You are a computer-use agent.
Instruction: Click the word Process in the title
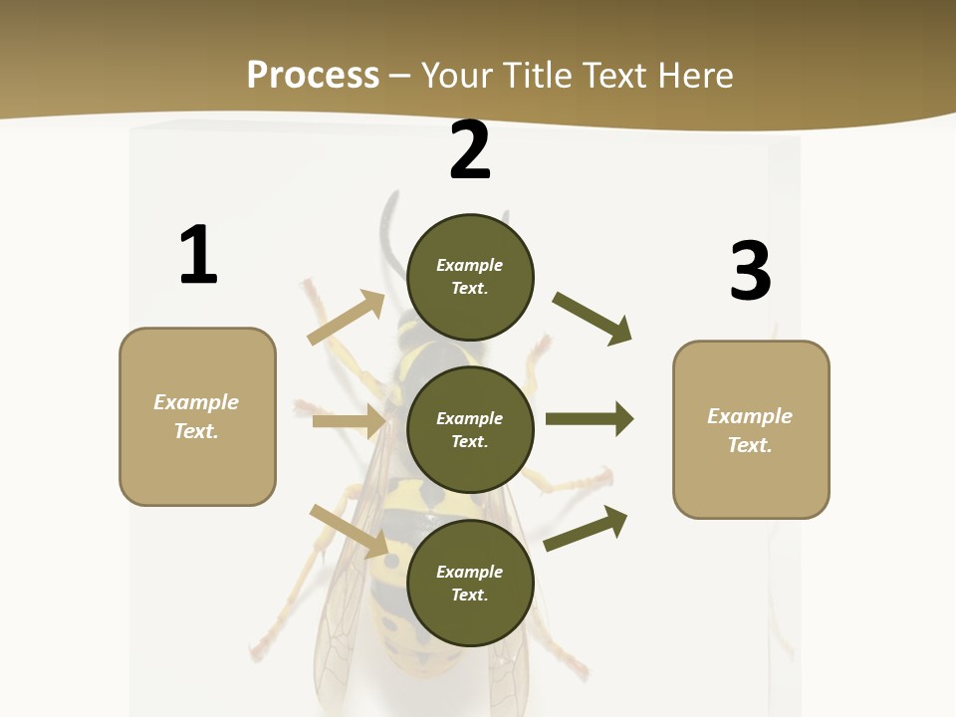point(313,76)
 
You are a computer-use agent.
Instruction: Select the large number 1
point(198,256)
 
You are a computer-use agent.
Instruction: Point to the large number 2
point(470,151)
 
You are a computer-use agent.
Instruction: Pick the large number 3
point(750,271)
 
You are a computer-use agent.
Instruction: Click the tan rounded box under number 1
point(197,416)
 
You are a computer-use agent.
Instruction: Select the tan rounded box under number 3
point(751,430)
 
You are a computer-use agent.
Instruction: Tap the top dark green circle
point(470,277)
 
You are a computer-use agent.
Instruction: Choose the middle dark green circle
point(470,430)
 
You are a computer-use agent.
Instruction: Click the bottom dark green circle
point(470,584)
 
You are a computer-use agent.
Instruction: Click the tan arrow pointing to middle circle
point(349,421)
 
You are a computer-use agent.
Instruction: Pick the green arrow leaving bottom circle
point(587,528)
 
